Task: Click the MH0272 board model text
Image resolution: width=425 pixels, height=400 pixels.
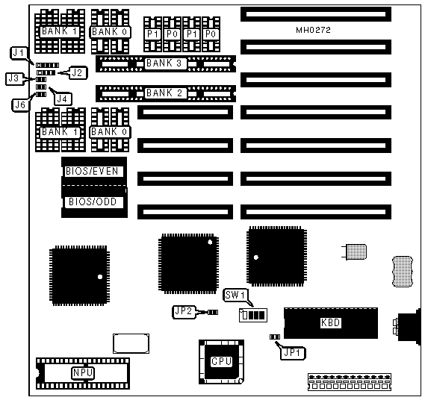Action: pyautogui.click(x=313, y=30)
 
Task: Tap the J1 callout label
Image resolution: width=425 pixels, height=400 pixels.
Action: pyautogui.click(x=19, y=53)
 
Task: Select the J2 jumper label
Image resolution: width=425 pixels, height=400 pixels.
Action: pyautogui.click(x=78, y=72)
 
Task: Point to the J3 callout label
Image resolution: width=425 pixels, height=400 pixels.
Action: pyautogui.click(x=13, y=78)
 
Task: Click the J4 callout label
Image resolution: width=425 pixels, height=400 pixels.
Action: pyautogui.click(x=63, y=99)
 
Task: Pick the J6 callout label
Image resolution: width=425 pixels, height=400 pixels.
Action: pyautogui.click(x=20, y=104)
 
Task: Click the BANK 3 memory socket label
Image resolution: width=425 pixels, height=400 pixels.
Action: pyautogui.click(x=164, y=63)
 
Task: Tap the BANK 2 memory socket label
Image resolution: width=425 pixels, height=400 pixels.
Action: pyautogui.click(x=164, y=93)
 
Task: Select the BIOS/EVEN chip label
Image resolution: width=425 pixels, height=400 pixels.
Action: pyautogui.click(x=92, y=171)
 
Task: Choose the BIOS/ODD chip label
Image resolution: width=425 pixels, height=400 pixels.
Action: pyautogui.click(x=93, y=201)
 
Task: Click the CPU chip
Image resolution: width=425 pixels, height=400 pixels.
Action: pyautogui.click(x=221, y=361)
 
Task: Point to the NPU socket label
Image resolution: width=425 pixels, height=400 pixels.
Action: pyautogui.click(x=83, y=372)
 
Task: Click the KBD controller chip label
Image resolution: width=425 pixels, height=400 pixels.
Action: pyautogui.click(x=330, y=323)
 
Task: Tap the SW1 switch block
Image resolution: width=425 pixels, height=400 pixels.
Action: pyautogui.click(x=253, y=315)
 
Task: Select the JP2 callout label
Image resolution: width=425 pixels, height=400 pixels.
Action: pyautogui.click(x=184, y=311)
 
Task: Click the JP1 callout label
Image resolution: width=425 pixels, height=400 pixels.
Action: pyautogui.click(x=292, y=352)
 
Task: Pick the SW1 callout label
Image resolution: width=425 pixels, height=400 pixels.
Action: pyautogui.click(x=235, y=295)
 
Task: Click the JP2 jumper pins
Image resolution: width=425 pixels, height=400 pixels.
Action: pyautogui.click(x=213, y=313)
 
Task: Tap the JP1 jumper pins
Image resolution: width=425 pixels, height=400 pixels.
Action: pyautogui.click(x=275, y=337)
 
